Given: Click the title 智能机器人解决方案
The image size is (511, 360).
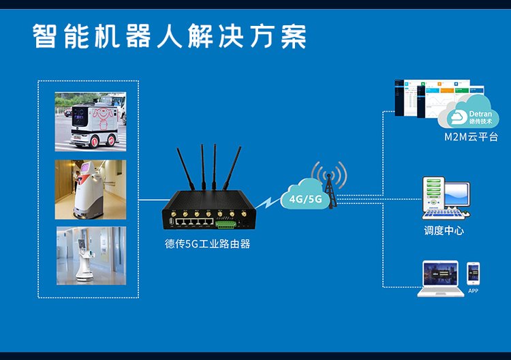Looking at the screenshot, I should (170, 36).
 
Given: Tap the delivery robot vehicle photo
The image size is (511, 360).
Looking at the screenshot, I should (91, 121).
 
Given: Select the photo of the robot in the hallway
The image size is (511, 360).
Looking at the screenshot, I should (91, 189).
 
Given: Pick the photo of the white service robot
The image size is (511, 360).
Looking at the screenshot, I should (91, 255).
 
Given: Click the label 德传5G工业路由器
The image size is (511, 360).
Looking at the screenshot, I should (207, 243).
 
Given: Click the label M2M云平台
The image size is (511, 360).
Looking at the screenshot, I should (471, 137).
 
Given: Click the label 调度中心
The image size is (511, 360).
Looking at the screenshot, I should (444, 230).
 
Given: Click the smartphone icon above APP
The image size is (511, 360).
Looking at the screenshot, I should (473, 273).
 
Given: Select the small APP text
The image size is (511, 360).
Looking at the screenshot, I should (473, 291).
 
